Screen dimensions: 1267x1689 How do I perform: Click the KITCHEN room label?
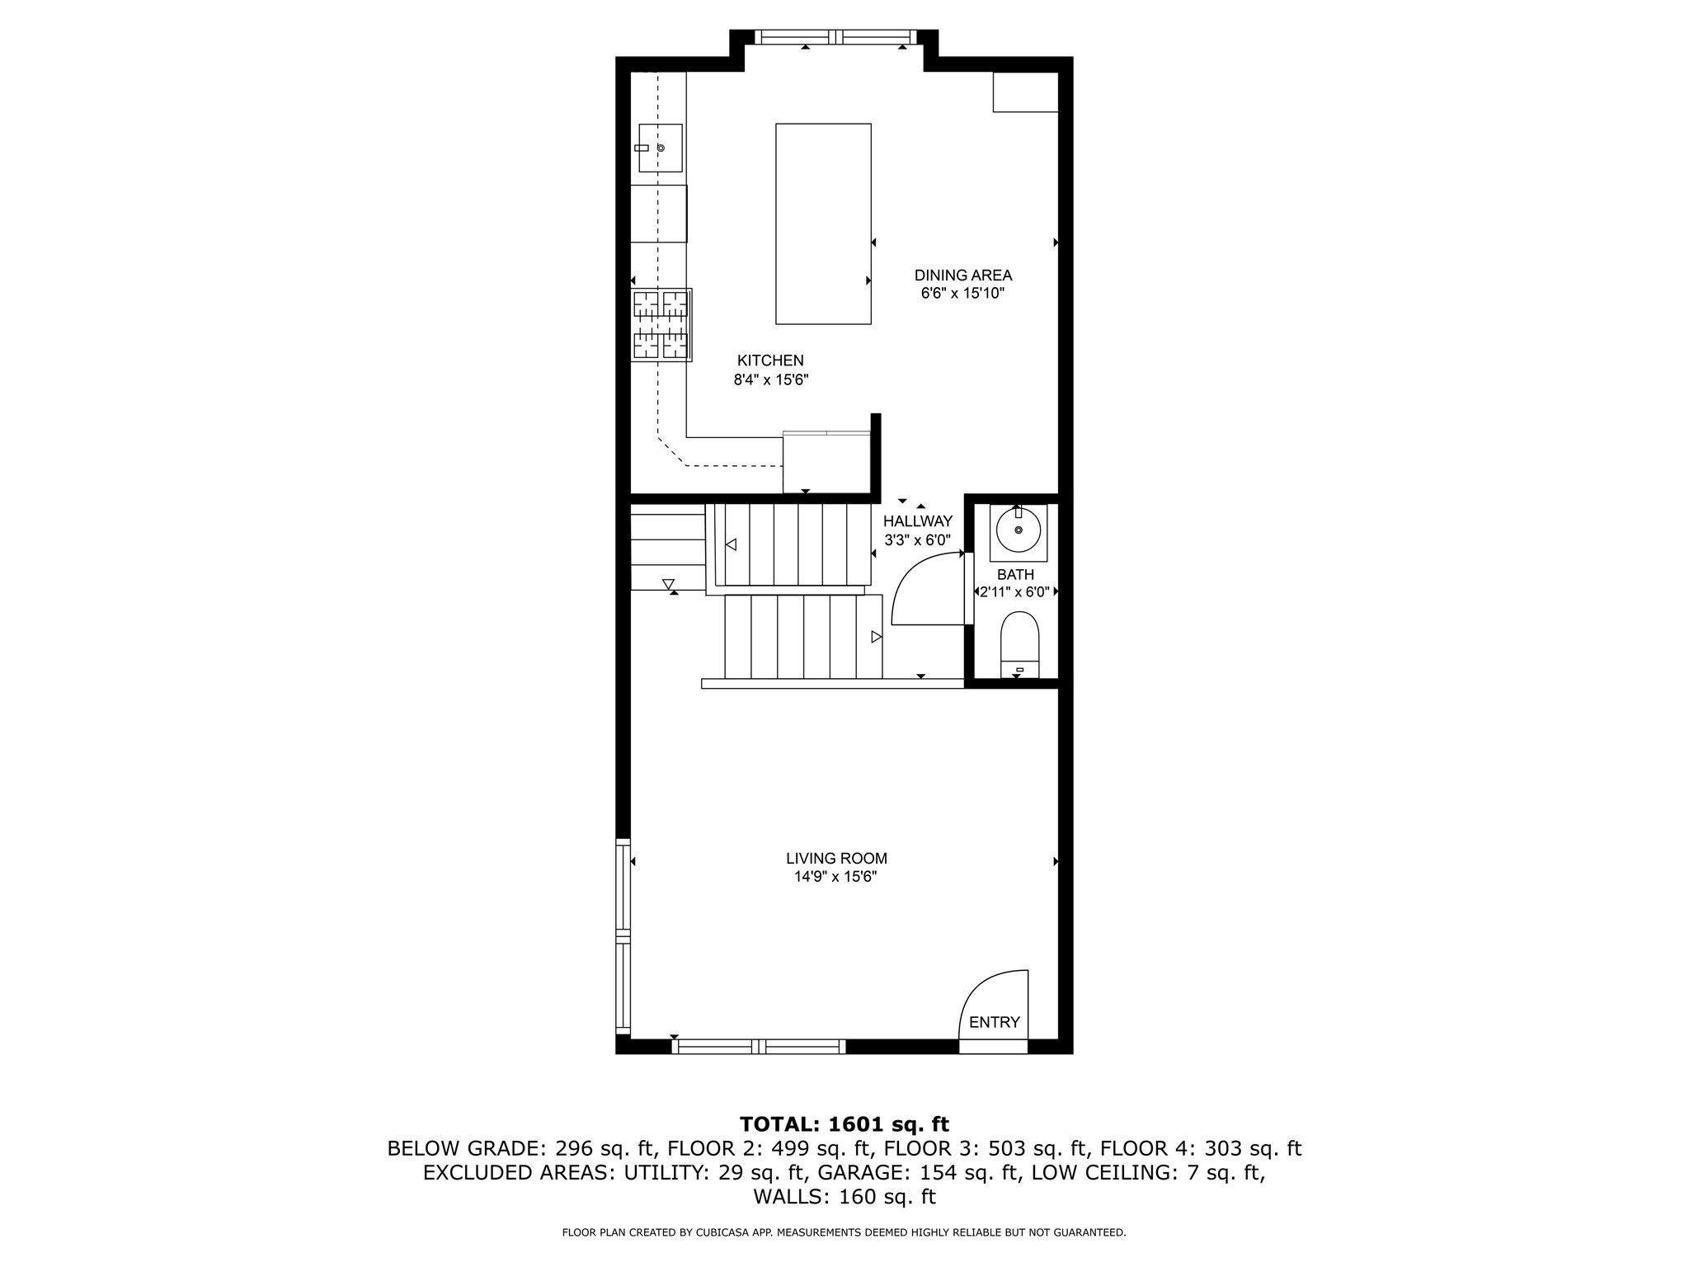769,360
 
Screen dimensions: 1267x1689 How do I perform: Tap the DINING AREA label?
962,276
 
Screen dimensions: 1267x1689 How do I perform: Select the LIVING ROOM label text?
836,859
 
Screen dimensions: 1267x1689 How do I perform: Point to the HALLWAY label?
917,521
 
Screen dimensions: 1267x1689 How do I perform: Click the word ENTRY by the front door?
994,1022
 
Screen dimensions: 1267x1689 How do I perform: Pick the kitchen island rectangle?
823,224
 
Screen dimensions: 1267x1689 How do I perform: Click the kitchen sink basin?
661,148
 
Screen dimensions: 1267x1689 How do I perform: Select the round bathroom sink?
1018,530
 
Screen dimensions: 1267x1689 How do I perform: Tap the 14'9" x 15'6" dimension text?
835,878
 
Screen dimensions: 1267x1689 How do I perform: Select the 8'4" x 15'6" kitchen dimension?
770,380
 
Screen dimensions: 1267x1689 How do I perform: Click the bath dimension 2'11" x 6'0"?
1014,591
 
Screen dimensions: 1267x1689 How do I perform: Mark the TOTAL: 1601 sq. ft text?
844,1124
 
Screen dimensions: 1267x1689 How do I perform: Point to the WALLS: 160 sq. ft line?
844,1196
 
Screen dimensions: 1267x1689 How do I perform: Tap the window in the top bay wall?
836,36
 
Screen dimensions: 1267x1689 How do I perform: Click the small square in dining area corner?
1025,92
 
